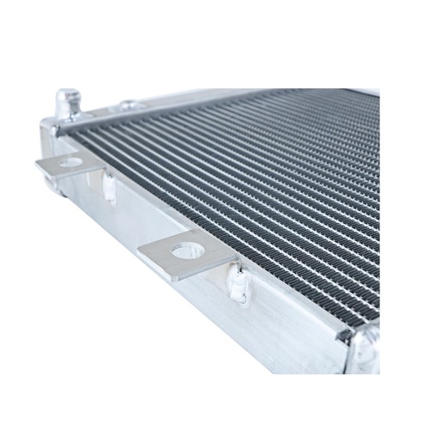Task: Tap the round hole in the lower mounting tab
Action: (x=187, y=250)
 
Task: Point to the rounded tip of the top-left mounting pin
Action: (x=69, y=94)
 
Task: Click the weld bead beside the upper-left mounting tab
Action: (x=109, y=186)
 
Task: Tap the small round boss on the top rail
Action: (x=130, y=106)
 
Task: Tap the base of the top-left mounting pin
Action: (x=69, y=117)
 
